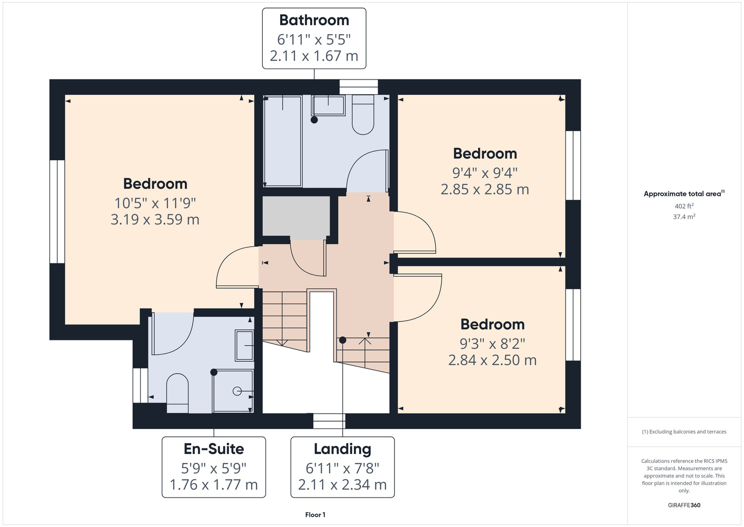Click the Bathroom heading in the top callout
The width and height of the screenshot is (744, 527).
[x=314, y=20]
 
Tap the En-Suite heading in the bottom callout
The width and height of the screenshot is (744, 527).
[x=214, y=449]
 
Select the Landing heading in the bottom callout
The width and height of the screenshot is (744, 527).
[x=342, y=450]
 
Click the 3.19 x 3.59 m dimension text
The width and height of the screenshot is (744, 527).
[x=155, y=219]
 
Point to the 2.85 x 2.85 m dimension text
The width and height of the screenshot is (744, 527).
[x=484, y=189]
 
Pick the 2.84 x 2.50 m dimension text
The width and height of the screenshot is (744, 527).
[x=492, y=360]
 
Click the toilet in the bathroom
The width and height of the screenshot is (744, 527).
[x=363, y=115]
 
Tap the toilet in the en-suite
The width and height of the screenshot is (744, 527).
[x=177, y=393]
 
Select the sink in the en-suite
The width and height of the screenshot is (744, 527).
[x=244, y=346]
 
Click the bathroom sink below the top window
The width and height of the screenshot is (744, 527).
[x=328, y=105]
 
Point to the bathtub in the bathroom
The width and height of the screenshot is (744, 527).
[x=283, y=141]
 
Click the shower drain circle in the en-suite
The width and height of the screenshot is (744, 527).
[x=237, y=392]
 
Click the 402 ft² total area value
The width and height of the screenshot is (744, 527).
[x=684, y=206]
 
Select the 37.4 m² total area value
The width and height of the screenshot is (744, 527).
[x=684, y=217]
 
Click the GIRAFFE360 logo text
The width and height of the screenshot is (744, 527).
[x=684, y=505]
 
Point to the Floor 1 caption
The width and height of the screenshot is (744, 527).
[x=315, y=515]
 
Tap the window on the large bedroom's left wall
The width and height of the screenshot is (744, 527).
[x=57, y=212]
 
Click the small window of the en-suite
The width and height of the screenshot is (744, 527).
[x=140, y=386]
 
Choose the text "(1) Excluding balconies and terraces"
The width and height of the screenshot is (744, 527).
[x=684, y=432]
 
